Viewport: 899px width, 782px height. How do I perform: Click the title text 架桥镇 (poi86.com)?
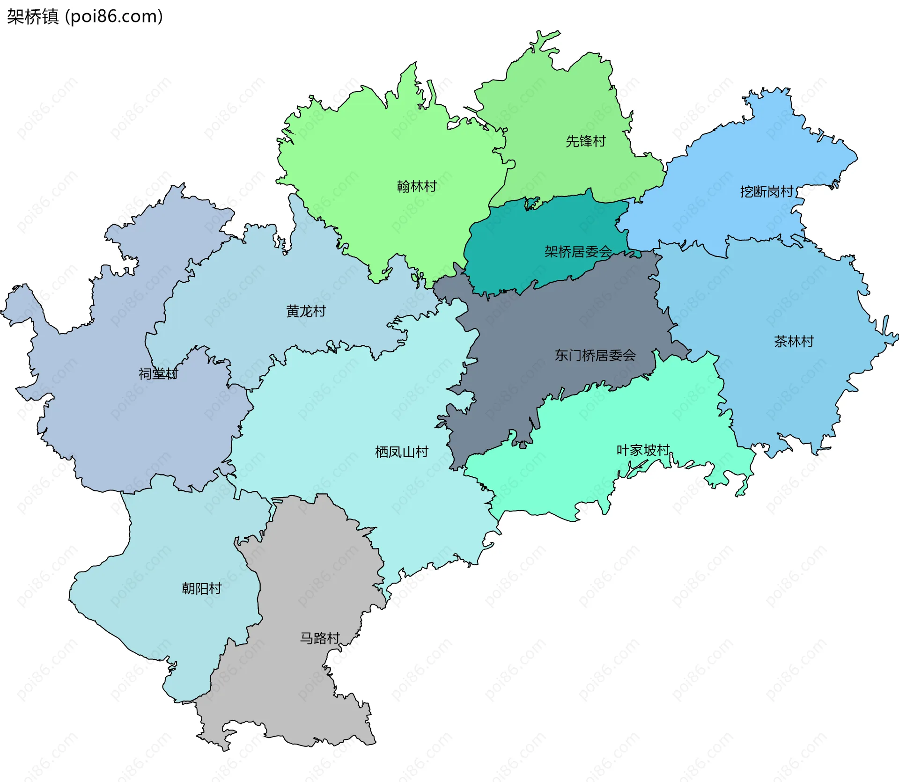click(x=85, y=17)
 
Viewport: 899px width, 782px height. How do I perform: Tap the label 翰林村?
click(x=417, y=187)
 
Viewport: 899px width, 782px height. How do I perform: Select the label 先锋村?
click(x=585, y=141)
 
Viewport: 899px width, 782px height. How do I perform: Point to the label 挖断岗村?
click(x=766, y=191)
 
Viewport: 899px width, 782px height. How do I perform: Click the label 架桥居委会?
click(x=578, y=252)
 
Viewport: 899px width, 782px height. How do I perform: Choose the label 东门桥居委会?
click(x=595, y=355)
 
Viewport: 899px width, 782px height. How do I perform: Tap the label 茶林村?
click(x=794, y=341)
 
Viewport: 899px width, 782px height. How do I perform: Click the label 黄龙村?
click(x=306, y=311)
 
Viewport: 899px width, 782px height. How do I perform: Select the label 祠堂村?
click(x=158, y=373)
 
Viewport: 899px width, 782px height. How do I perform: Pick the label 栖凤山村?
click(x=402, y=452)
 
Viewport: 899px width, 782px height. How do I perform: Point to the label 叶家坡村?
click(x=643, y=450)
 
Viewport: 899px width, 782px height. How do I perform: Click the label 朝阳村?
click(x=201, y=588)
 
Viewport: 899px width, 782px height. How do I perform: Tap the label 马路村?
click(x=320, y=638)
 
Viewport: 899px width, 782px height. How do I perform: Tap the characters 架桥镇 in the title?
click(x=33, y=17)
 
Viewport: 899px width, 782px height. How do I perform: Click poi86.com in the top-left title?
click(x=114, y=17)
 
